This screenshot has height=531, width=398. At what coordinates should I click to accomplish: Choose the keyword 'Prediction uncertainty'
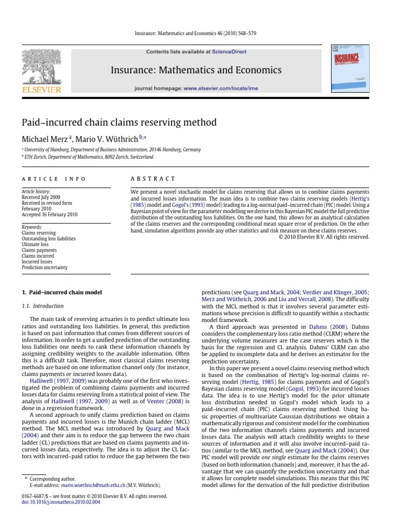point(45,268)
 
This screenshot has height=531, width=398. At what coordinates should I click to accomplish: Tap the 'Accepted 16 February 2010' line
point(49,214)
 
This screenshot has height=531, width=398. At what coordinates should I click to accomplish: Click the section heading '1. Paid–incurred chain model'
point(62,292)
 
